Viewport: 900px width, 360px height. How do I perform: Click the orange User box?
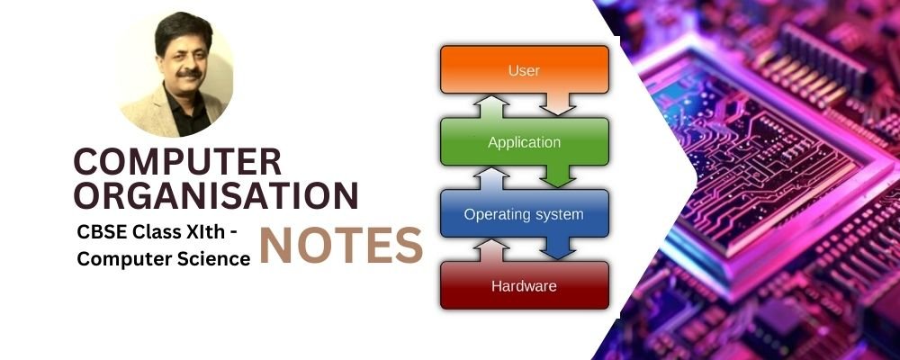point(524,69)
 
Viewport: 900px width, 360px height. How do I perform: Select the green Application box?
point(524,141)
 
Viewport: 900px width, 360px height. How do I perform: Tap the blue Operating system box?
point(524,213)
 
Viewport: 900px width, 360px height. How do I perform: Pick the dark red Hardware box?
point(524,285)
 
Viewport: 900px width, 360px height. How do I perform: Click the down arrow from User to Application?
point(558,103)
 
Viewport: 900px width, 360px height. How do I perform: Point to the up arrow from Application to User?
point(490,107)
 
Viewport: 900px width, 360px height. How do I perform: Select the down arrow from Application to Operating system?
point(558,176)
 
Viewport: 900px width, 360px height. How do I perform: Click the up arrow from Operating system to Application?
point(490,179)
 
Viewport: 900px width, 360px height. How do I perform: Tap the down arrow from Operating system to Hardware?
point(558,248)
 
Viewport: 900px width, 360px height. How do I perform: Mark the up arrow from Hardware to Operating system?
point(490,251)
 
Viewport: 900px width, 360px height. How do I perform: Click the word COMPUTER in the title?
point(178,161)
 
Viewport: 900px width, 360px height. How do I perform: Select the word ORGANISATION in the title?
point(216,196)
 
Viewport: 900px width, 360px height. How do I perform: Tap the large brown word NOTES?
point(341,245)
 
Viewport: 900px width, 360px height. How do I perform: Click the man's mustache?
point(189,74)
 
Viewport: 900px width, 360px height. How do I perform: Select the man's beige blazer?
point(143,115)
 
